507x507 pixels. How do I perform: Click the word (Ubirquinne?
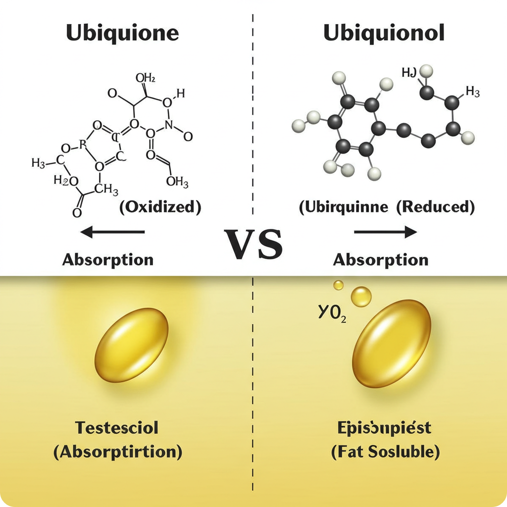click(343, 207)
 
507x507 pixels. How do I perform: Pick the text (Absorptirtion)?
click(117, 452)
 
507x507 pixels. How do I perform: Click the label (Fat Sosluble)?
click(385, 452)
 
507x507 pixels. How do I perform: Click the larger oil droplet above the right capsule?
click(361, 297)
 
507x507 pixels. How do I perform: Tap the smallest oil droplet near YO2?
click(339, 285)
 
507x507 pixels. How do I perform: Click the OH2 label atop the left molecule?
click(146, 78)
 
